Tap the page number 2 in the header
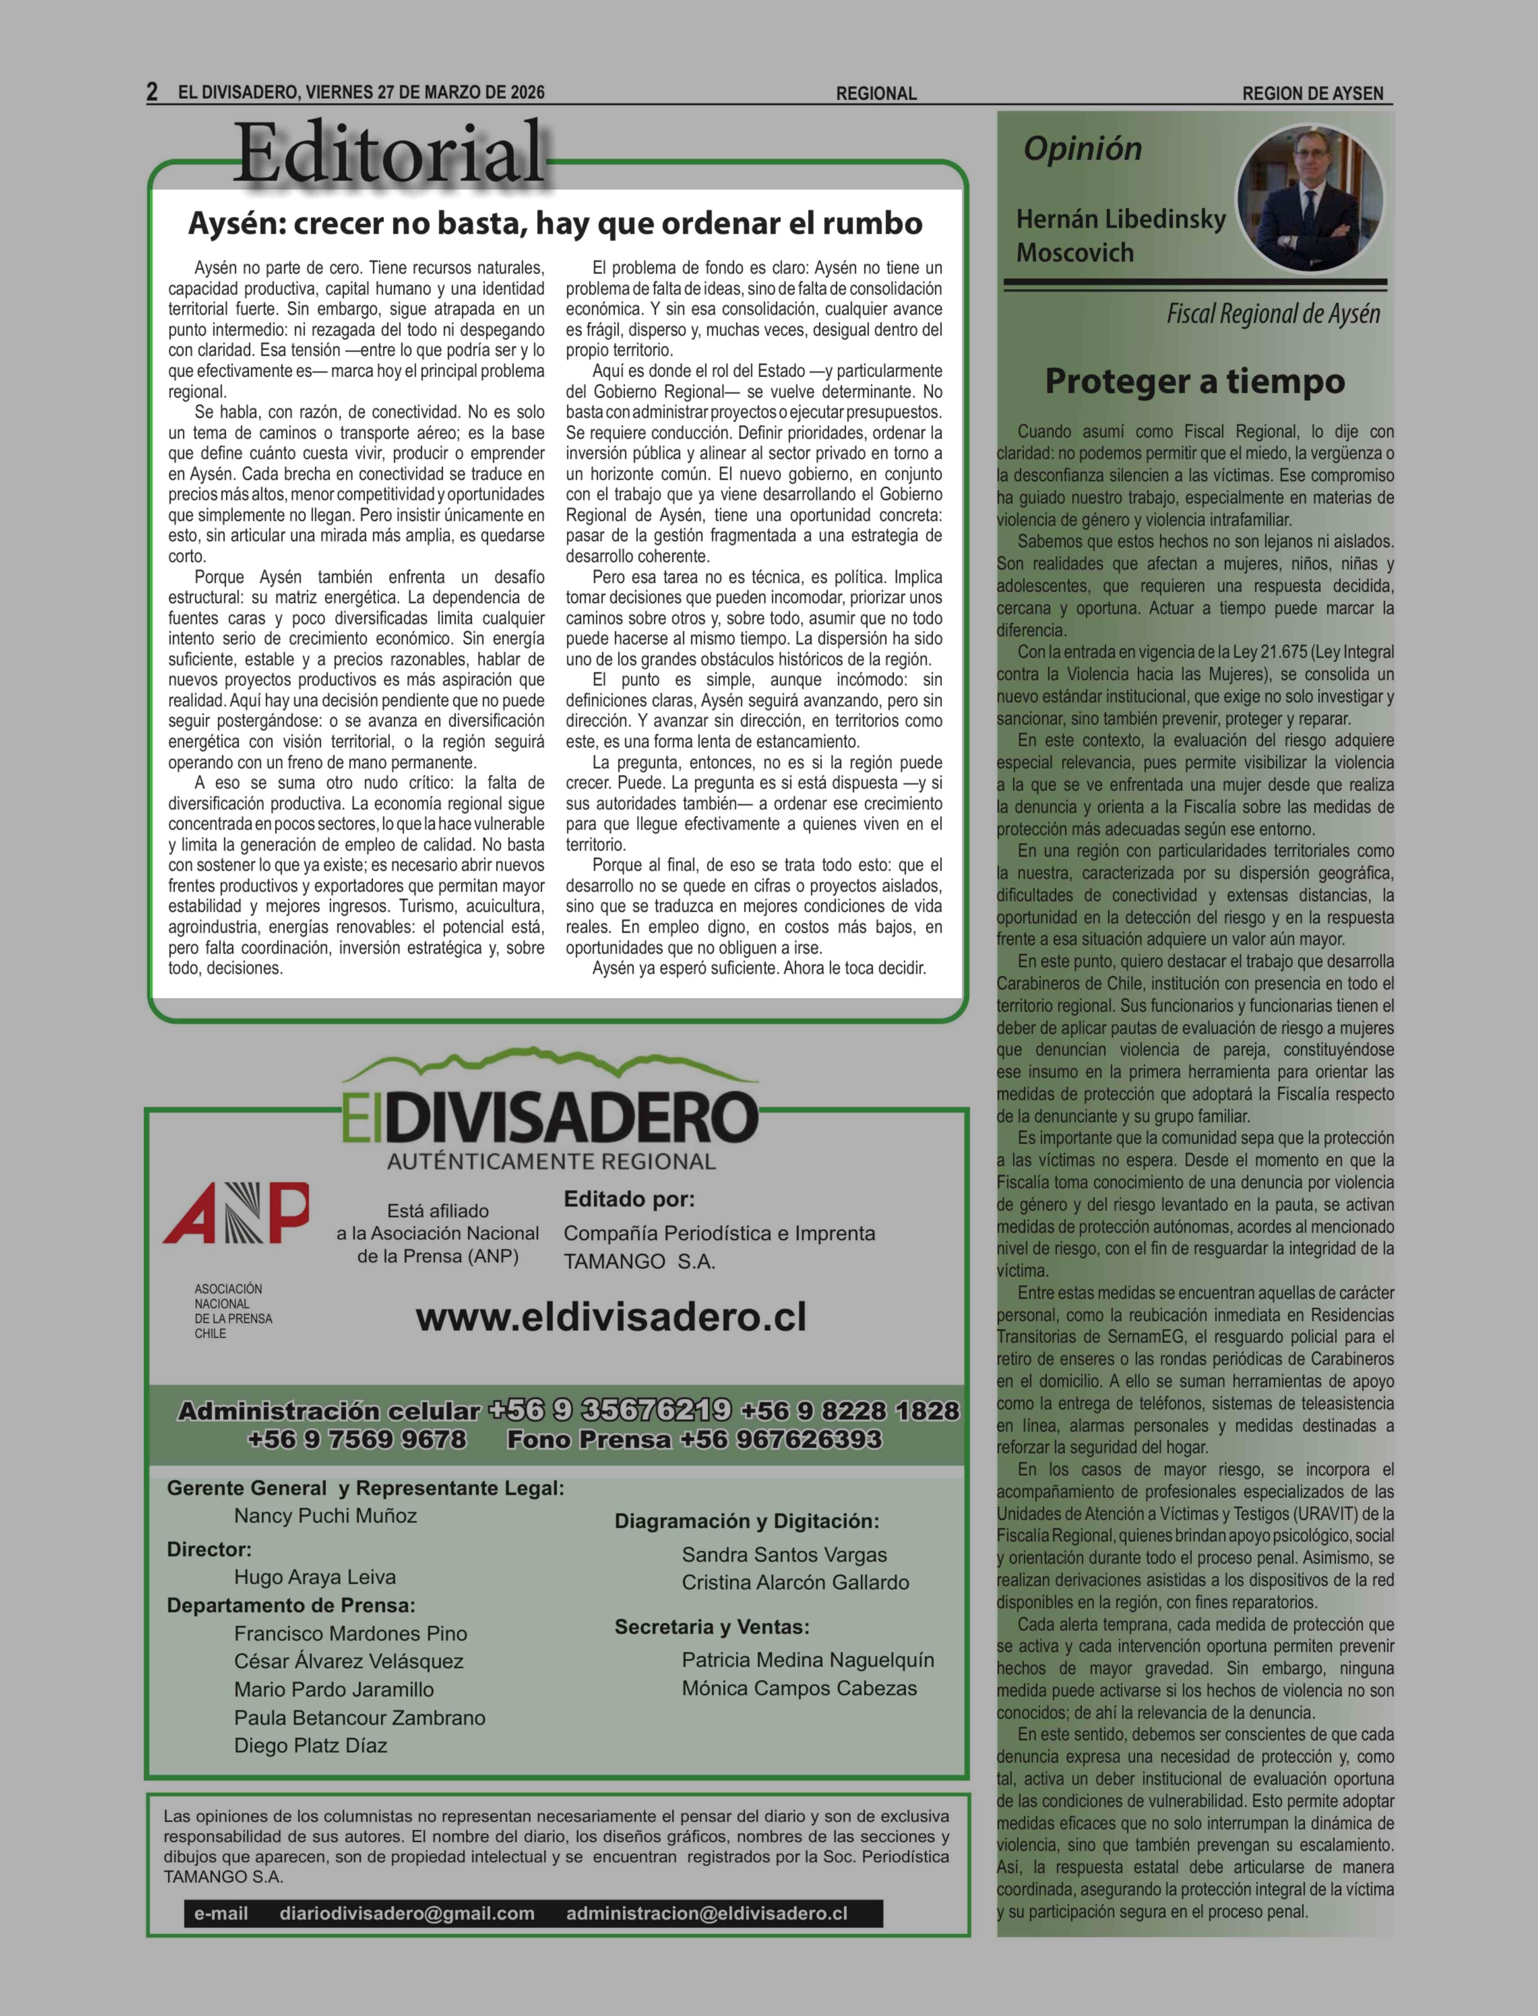pos(152,92)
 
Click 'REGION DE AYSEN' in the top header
pos(1312,93)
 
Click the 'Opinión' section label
pos(1082,148)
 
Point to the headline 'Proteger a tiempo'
pos(1194,381)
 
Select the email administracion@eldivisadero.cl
pos(706,1914)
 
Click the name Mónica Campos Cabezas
pos(798,1688)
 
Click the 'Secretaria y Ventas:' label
pos(711,1627)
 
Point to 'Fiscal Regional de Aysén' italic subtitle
pos(1273,314)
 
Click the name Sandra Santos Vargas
pos(784,1555)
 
